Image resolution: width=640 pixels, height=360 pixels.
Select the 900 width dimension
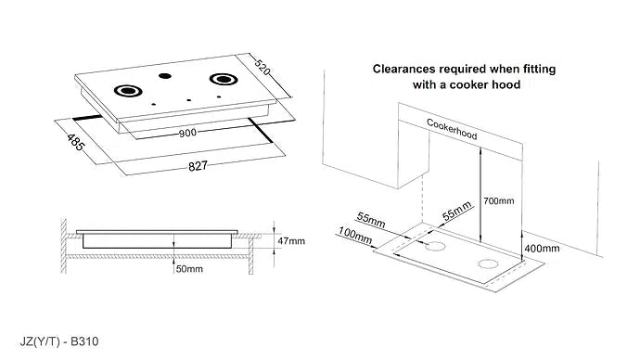click(188, 133)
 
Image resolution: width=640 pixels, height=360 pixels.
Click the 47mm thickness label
click(291, 240)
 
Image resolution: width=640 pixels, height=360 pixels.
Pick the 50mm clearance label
click(190, 268)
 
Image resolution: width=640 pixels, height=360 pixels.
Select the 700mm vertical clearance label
click(499, 201)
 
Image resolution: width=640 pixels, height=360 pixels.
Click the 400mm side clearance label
click(541, 248)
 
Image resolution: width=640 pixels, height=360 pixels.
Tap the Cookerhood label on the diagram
click(452, 129)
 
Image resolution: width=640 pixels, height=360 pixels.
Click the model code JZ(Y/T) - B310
click(58, 341)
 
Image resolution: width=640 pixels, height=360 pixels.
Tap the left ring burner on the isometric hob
click(126, 91)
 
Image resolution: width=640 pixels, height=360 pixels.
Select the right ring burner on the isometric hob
click(223, 79)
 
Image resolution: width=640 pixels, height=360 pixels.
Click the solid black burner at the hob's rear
click(165, 76)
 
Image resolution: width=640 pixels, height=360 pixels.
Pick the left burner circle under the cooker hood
click(434, 248)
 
